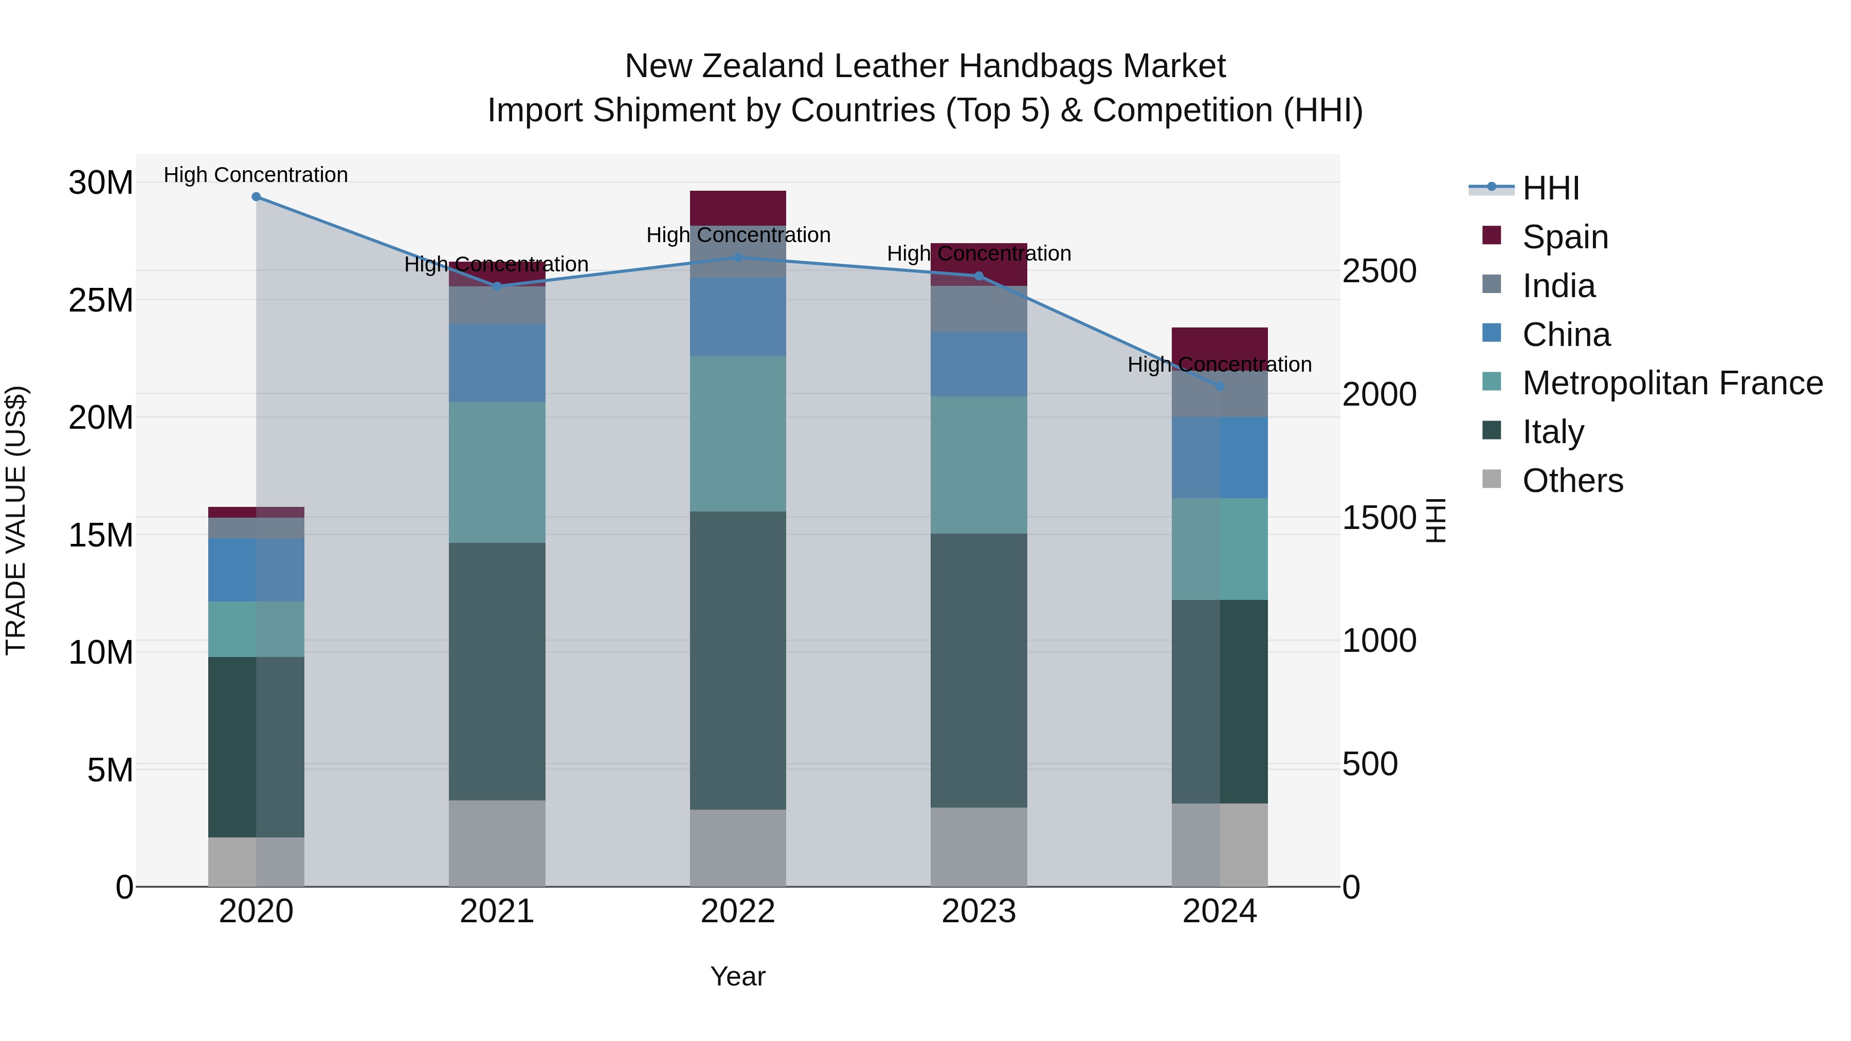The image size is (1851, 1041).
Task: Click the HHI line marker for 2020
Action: pyautogui.click(x=256, y=197)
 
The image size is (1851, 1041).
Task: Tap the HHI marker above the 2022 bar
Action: pyautogui.click(x=738, y=257)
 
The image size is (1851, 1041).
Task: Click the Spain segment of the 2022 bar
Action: pyautogui.click(x=738, y=208)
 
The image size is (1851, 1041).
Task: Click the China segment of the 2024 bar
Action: pyautogui.click(x=1220, y=458)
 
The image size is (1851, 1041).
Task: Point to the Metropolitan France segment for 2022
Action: pyautogui.click(x=738, y=434)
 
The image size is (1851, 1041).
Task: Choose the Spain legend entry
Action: pyautogui.click(x=1565, y=237)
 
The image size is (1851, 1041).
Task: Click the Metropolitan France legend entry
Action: pyautogui.click(x=1672, y=383)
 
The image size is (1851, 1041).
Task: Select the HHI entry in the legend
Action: pyautogui.click(x=1551, y=188)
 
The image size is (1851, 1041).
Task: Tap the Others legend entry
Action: pyautogui.click(x=1572, y=481)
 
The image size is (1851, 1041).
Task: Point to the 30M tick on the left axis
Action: pyautogui.click(x=101, y=183)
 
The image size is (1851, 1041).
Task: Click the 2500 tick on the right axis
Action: pyautogui.click(x=1380, y=271)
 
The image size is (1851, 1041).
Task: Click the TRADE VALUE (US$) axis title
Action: pyautogui.click(x=16, y=520)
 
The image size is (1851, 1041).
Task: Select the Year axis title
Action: pyautogui.click(x=738, y=977)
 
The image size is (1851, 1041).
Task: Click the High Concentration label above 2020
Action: pyautogui.click(x=256, y=175)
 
